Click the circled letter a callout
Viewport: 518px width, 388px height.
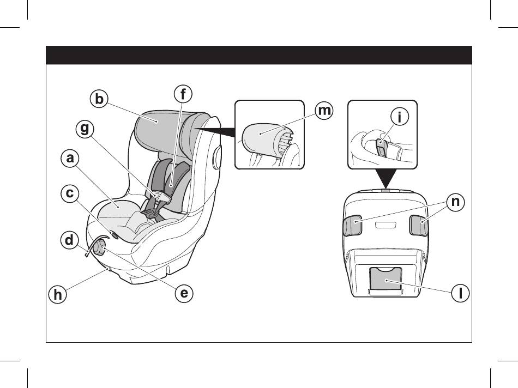click(70, 159)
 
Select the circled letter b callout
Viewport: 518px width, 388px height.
click(98, 99)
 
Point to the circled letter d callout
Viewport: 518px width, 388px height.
click(70, 240)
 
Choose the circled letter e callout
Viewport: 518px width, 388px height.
click(184, 293)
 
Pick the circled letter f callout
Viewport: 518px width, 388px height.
click(183, 94)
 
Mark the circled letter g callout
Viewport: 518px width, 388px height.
click(85, 130)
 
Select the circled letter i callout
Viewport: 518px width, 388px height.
click(400, 117)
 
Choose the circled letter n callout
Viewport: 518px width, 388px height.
click(456, 202)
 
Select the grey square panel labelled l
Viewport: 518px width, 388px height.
click(386, 279)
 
